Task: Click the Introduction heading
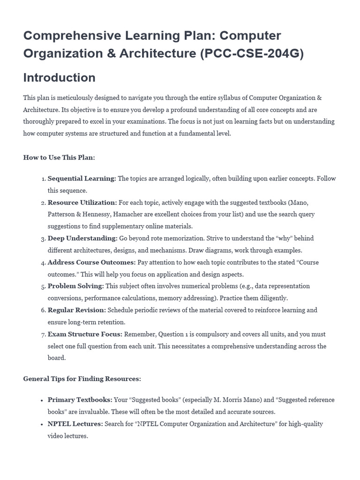(59, 77)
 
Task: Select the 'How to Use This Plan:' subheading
(59, 157)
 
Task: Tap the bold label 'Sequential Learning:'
(82, 179)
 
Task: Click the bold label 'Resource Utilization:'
(82, 202)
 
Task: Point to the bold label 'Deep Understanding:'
(82, 238)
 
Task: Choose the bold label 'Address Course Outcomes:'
(91, 262)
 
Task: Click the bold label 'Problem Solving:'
(75, 286)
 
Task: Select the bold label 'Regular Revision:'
(77, 310)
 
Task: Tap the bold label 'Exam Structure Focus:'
(85, 334)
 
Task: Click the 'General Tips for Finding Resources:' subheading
(82, 379)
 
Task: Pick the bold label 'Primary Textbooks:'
(80, 400)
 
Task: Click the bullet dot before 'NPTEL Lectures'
(43, 424)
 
